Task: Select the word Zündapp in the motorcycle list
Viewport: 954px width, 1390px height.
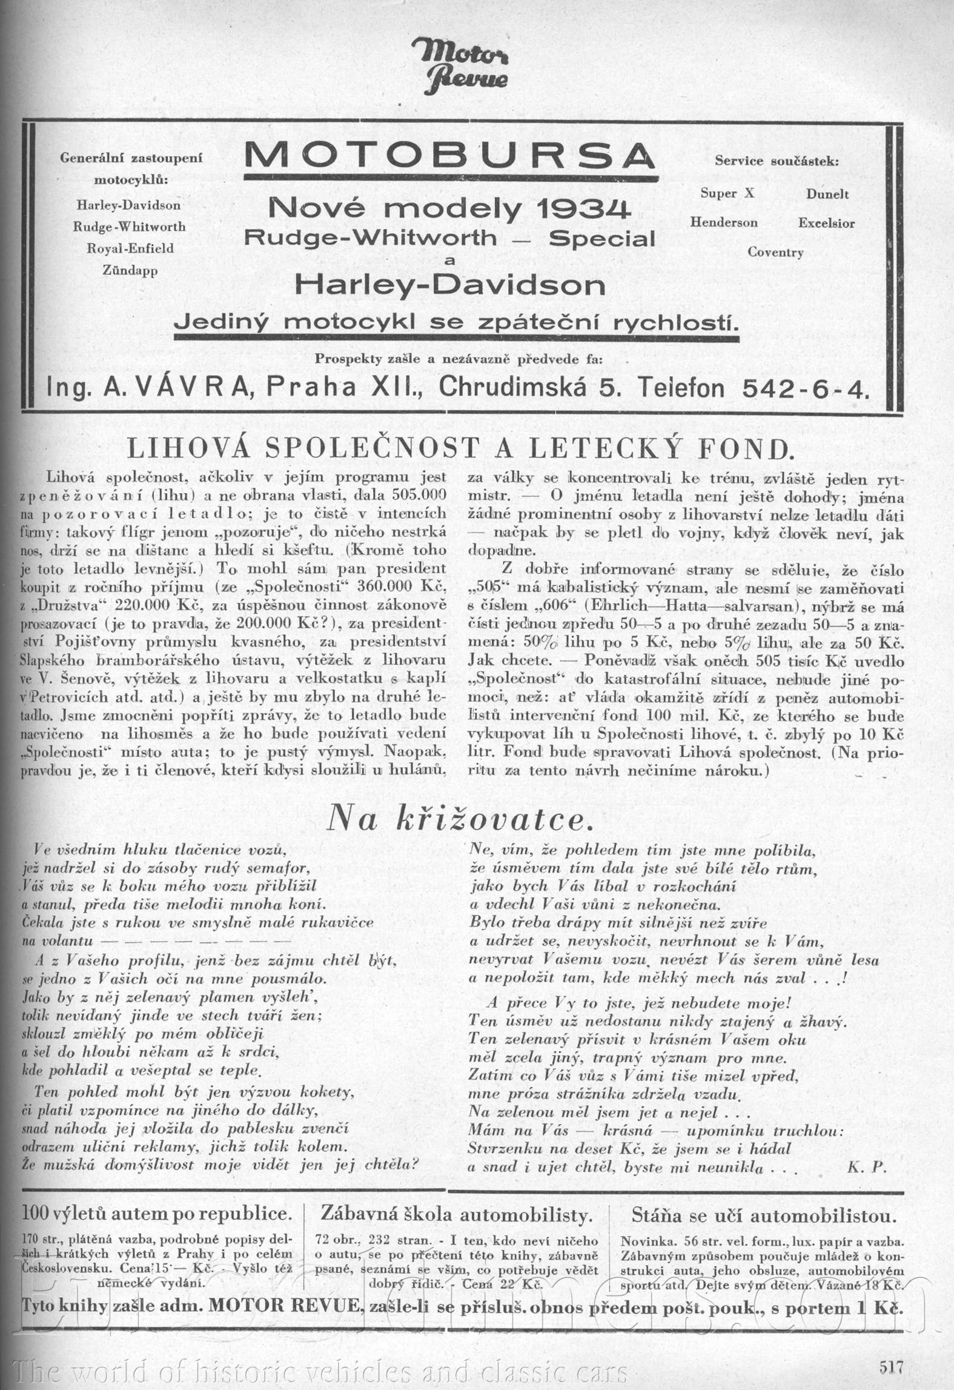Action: click(130, 271)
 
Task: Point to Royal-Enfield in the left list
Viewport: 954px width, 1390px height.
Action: click(130, 248)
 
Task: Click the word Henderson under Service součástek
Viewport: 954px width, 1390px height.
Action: click(724, 222)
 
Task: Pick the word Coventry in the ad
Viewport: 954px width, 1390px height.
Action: click(775, 252)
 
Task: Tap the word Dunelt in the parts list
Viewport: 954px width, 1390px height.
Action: click(827, 194)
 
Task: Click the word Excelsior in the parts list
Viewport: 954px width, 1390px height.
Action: click(826, 222)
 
